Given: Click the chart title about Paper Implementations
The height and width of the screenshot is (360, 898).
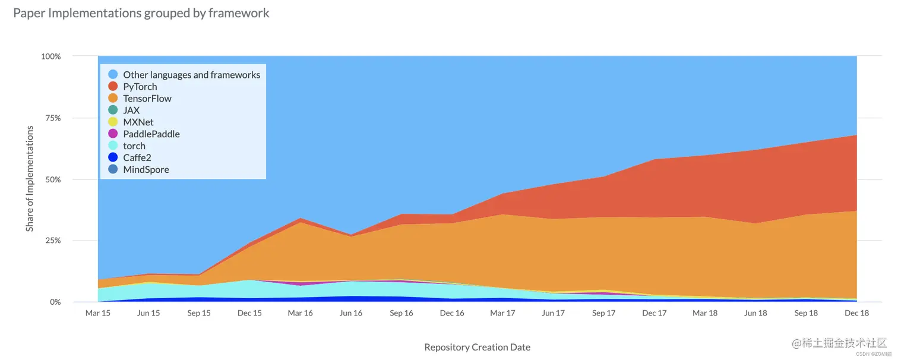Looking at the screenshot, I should [141, 13].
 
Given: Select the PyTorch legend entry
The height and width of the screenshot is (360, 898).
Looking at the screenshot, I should [140, 87].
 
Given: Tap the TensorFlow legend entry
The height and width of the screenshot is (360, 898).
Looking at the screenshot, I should [147, 99].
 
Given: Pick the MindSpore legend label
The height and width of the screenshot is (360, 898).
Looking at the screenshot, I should [146, 170].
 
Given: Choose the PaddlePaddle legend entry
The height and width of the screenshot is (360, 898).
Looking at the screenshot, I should [151, 134].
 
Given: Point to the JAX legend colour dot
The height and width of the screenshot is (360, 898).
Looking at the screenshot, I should [113, 110].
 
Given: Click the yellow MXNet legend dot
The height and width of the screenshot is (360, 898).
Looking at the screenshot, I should [113, 122].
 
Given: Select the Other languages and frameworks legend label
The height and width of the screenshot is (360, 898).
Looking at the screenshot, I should [191, 75].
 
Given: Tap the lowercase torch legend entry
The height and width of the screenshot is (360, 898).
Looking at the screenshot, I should [134, 146].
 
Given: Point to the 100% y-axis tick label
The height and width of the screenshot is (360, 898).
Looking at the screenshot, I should [50, 56].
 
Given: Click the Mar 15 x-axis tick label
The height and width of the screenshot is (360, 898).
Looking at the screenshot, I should [97, 313].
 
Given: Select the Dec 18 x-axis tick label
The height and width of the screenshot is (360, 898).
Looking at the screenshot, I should [856, 313].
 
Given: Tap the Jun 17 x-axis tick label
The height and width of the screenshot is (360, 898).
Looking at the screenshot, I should [553, 313].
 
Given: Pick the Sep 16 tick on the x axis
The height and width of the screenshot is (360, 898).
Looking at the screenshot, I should [401, 313].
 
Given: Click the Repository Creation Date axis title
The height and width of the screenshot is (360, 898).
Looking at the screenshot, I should [477, 348].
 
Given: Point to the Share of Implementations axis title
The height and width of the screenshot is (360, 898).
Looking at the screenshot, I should [30, 179].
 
